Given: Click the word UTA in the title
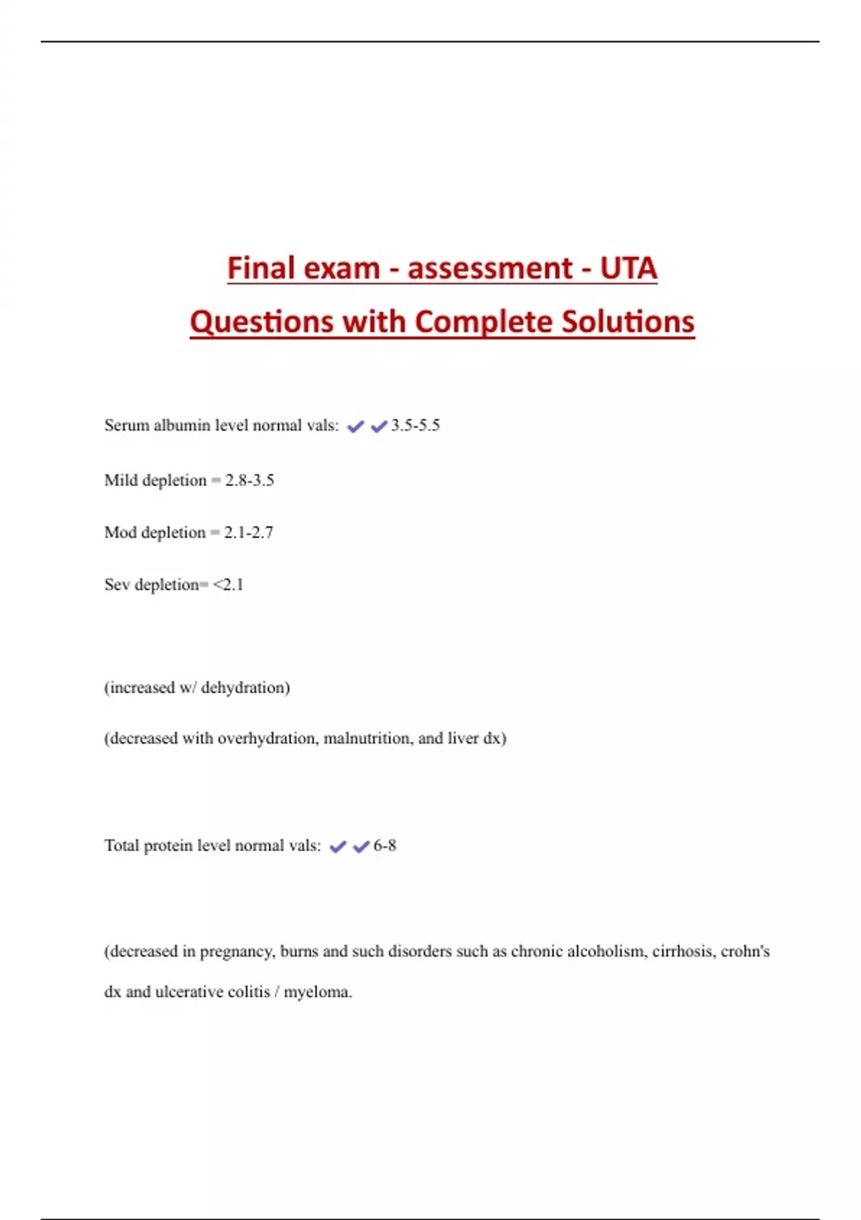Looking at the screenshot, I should click(x=628, y=268).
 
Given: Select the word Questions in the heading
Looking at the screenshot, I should click(x=261, y=322).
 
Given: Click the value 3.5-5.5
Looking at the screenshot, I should click(x=415, y=426).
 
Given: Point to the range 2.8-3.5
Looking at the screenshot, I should click(x=250, y=480).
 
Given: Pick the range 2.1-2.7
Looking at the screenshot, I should click(x=248, y=532).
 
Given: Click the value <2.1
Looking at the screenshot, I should click(x=228, y=585).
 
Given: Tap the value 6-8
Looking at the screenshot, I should click(x=385, y=845).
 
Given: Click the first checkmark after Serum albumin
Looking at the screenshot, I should click(x=355, y=426).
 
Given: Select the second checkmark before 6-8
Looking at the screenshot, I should click(x=361, y=847).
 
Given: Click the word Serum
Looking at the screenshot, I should click(x=126, y=426).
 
